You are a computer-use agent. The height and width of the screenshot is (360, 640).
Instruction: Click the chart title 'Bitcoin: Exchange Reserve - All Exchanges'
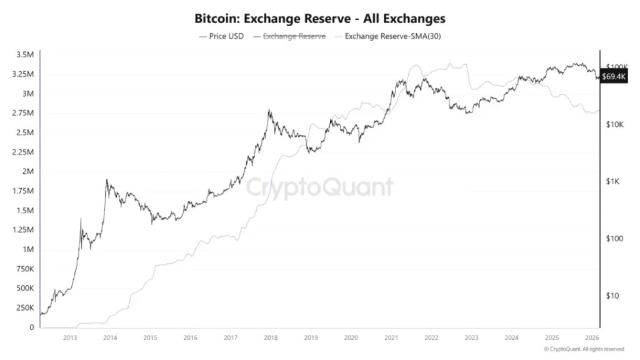click(319, 19)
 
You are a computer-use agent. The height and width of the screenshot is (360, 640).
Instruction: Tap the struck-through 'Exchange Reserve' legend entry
click(294, 36)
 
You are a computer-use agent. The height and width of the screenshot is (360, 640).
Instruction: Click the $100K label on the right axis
click(619, 67)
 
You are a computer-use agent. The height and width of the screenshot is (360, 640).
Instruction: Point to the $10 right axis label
click(613, 296)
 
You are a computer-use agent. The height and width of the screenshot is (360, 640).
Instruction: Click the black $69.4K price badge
click(613, 76)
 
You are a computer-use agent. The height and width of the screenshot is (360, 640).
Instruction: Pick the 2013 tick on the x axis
click(70, 337)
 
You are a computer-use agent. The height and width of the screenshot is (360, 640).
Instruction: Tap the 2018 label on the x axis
click(270, 337)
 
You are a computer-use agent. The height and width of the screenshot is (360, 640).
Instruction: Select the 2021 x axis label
click(391, 337)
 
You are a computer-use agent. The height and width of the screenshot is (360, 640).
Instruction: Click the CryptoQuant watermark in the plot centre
click(319, 187)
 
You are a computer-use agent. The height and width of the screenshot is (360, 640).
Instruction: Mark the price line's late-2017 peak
click(269, 111)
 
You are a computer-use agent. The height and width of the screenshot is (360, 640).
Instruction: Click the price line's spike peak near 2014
click(107, 180)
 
